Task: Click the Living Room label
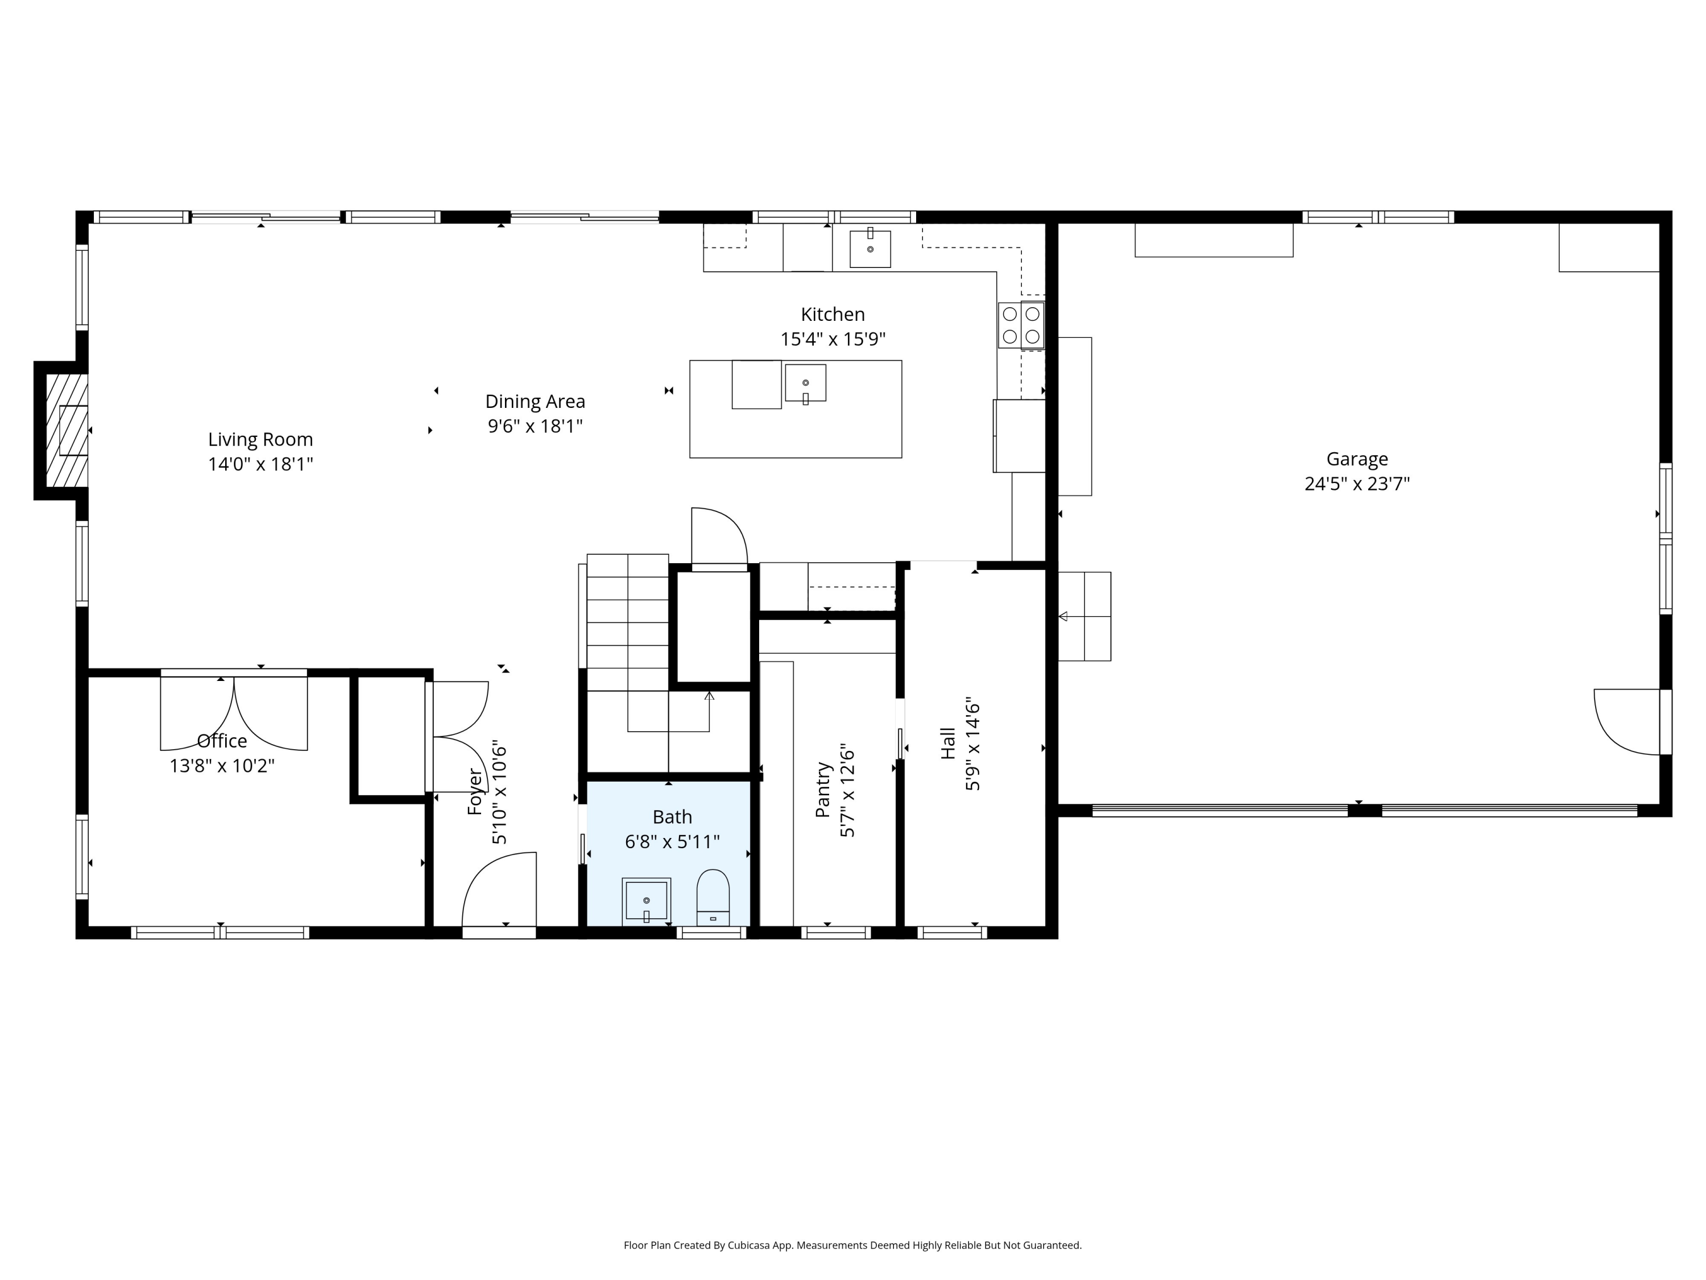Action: [x=260, y=439]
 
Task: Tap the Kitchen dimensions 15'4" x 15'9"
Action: [x=833, y=338]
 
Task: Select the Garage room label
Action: [x=1357, y=459]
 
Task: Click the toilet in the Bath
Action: [x=713, y=897]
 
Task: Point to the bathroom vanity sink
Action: [x=647, y=901]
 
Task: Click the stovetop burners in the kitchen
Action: [x=1021, y=325]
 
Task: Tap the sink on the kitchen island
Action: [x=805, y=383]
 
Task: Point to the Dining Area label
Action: [x=535, y=401]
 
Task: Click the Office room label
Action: [x=222, y=741]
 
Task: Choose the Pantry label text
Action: [x=823, y=789]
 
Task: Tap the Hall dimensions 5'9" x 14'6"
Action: [x=972, y=746]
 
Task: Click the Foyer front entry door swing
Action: [x=499, y=889]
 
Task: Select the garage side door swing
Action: [x=1626, y=722]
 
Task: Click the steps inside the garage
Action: [x=1084, y=617]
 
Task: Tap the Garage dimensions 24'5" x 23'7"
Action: [x=1357, y=484]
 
